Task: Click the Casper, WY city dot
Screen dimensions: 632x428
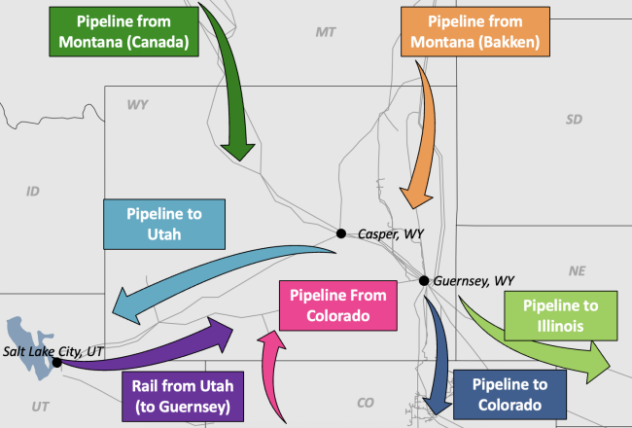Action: [341, 233]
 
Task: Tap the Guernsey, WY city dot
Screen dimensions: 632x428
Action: [424, 280]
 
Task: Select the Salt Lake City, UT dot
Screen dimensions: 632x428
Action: [56, 362]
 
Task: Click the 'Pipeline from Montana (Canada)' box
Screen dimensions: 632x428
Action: [123, 31]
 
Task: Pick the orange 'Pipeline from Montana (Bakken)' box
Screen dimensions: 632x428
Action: [475, 31]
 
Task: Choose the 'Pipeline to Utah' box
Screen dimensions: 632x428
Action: [164, 225]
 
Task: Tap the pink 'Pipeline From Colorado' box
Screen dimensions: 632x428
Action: [338, 305]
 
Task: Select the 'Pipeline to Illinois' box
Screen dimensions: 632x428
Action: [561, 316]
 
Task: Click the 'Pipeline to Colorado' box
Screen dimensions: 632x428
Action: [509, 395]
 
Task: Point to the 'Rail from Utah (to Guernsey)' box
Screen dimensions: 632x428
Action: [183, 396]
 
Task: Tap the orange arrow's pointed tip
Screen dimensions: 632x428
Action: [414, 208]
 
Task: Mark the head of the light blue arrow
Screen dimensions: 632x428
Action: [125, 306]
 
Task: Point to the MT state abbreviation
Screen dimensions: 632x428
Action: [326, 32]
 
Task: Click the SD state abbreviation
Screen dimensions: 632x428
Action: [574, 120]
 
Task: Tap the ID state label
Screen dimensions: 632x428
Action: [33, 192]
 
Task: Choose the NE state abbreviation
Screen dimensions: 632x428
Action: [578, 271]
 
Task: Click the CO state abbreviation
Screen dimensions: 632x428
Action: [366, 403]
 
